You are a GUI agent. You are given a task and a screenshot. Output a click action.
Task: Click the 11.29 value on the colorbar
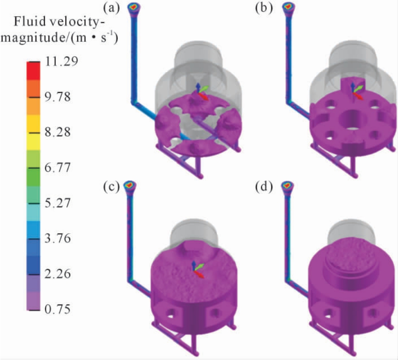pyautogui.click(x=61, y=61)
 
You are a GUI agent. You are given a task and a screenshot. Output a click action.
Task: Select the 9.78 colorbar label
pyautogui.click(x=57, y=97)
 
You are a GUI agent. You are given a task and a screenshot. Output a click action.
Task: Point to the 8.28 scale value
pyautogui.click(x=57, y=132)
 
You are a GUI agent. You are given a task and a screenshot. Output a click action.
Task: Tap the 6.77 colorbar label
pyautogui.click(x=57, y=168)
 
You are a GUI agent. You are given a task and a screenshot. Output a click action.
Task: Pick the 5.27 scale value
pyautogui.click(x=57, y=203)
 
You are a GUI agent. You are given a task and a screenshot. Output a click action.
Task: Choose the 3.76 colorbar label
pyautogui.click(x=57, y=238)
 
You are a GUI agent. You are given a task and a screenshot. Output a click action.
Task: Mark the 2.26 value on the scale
pyautogui.click(x=57, y=274)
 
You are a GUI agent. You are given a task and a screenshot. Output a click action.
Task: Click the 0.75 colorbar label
pyautogui.click(x=57, y=309)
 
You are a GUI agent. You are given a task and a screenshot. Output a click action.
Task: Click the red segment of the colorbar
pyautogui.click(x=33, y=71)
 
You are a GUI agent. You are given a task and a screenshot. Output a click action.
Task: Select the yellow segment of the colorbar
pyautogui.click(x=33, y=133)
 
